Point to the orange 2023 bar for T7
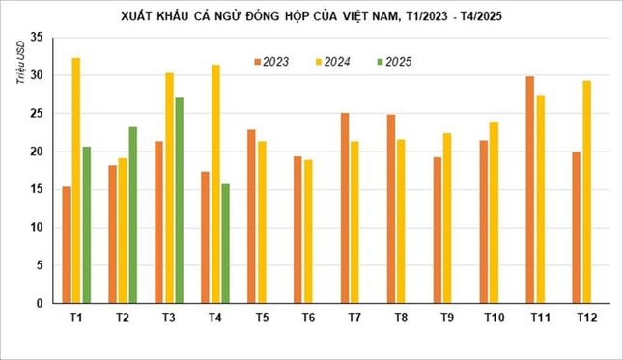pyautogui.click(x=345, y=208)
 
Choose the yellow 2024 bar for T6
pyautogui.click(x=308, y=232)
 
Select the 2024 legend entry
pyautogui.click(x=337, y=62)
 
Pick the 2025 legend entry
pyautogui.click(x=397, y=62)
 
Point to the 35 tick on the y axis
pyautogui.click(x=38, y=37)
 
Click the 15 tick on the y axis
pyautogui.click(x=38, y=189)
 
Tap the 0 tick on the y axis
pyautogui.click(x=41, y=303)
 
